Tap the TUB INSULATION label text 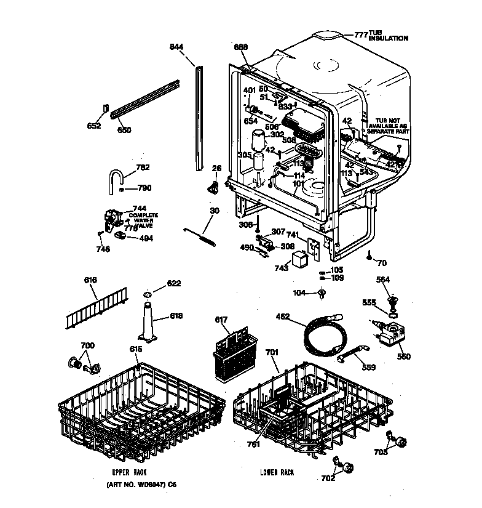(388, 35)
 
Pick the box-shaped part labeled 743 (299, 259)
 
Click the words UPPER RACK (130, 472)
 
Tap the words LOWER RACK (277, 472)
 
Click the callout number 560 (403, 357)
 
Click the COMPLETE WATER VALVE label (143, 219)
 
